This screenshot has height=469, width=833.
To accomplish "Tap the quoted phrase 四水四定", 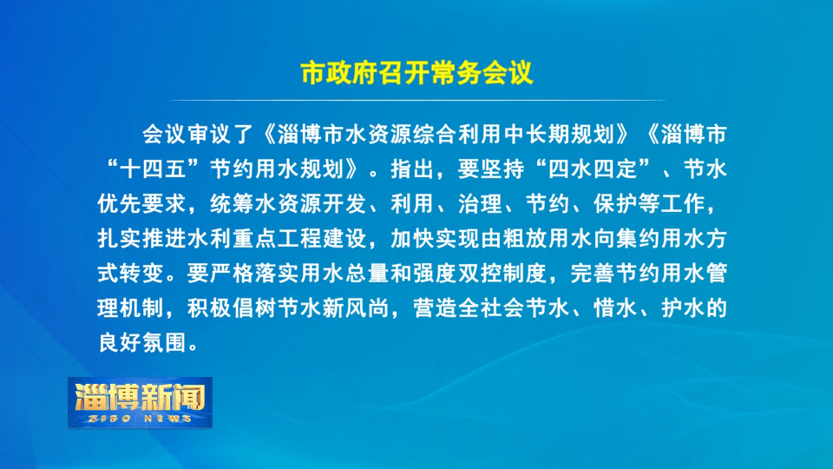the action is pos(593,169).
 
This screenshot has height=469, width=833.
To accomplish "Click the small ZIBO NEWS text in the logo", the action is pos(141,419).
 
